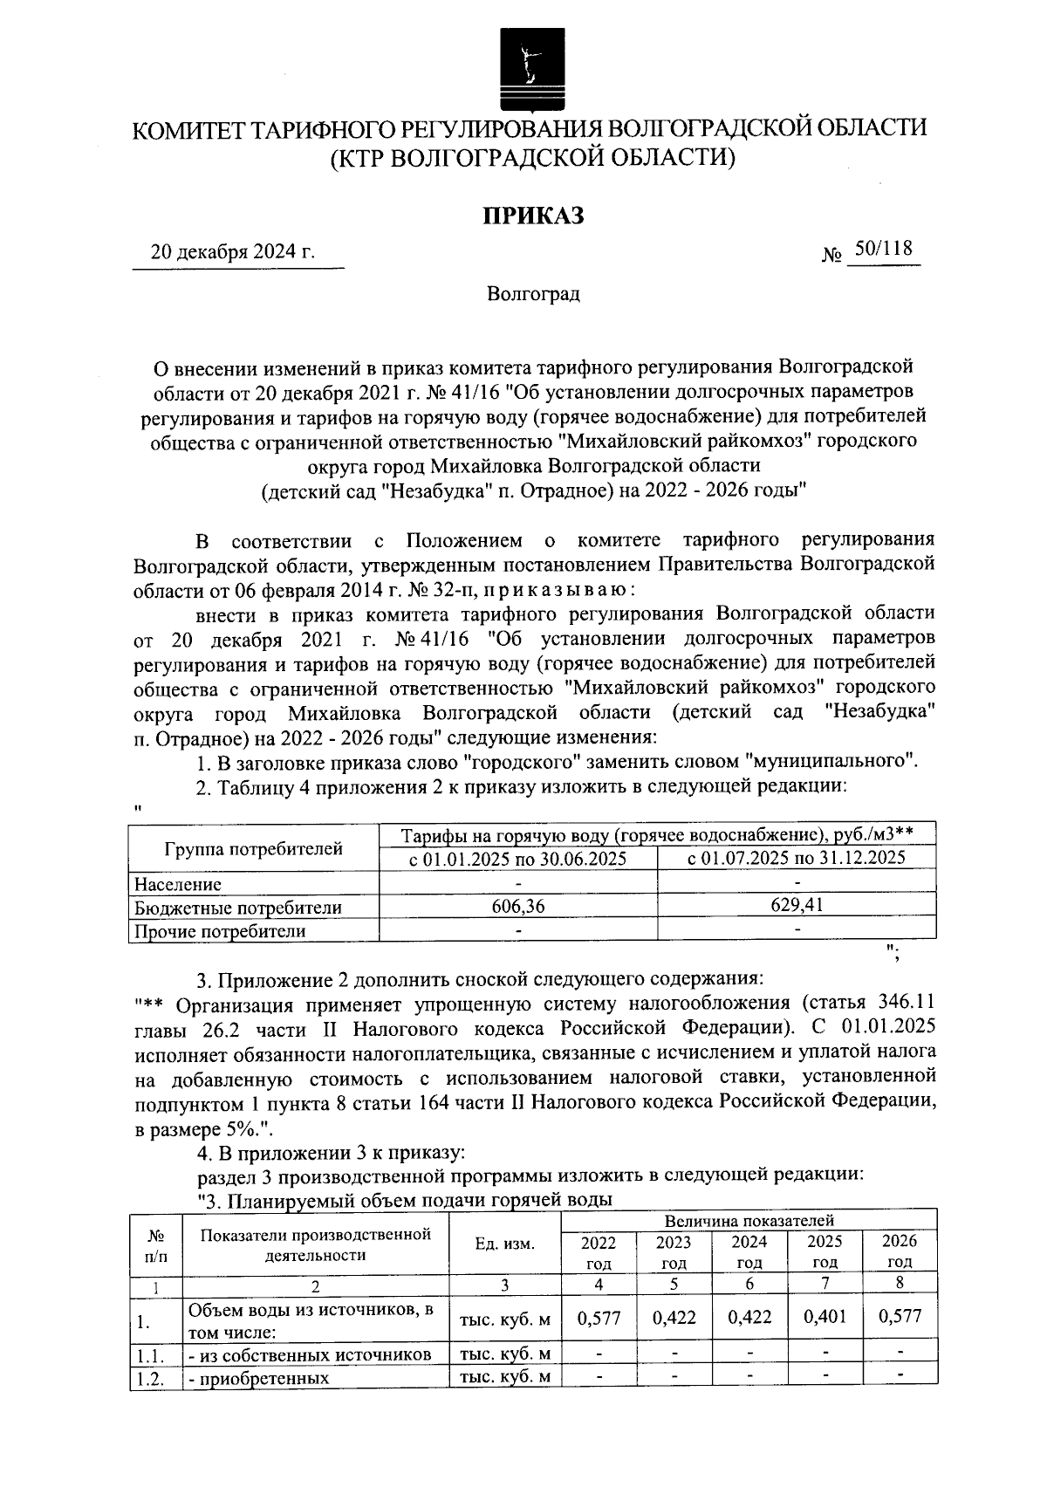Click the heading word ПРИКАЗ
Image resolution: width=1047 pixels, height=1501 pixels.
click(533, 216)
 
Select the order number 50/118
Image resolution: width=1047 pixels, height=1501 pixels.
click(884, 250)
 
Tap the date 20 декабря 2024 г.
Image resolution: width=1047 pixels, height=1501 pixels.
click(233, 253)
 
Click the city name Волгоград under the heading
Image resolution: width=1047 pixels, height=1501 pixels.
click(533, 294)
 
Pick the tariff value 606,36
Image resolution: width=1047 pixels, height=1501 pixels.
click(518, 907)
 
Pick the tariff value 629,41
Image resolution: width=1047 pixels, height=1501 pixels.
click(797, 905)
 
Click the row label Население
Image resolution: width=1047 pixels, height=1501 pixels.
click(178, 884)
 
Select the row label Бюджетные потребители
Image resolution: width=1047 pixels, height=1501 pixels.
click(237, 908)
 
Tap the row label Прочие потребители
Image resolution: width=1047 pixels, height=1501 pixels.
click(220, 930)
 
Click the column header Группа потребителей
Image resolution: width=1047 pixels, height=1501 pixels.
click(254, 848)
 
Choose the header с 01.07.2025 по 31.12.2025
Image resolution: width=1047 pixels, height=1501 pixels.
click(797, 858)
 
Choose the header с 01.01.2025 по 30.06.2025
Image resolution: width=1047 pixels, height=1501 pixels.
click(518, 859)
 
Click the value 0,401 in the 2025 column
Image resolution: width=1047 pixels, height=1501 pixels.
click(825, 1317)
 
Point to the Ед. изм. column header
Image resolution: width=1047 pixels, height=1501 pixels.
click(505, 1244)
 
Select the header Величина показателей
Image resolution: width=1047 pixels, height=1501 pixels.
click(749, 1220)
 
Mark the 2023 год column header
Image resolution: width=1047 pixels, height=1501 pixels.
click(674, 1251)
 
